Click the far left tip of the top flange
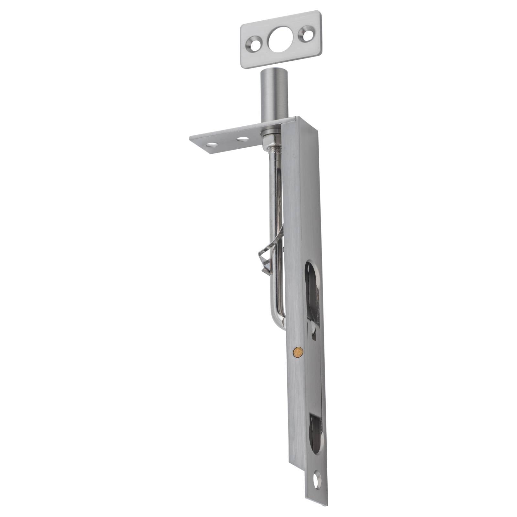click(x=191, y=138)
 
